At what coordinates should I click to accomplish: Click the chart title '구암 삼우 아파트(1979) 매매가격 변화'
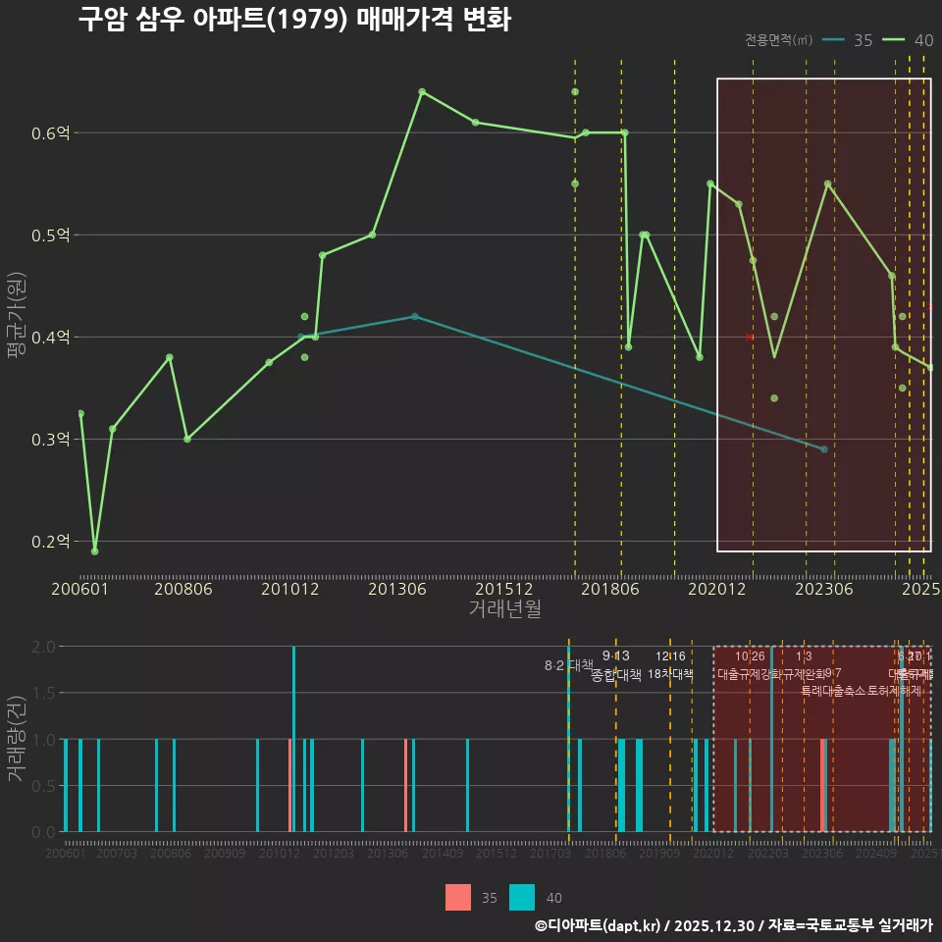[294, 20]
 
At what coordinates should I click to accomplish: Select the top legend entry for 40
[908, 40]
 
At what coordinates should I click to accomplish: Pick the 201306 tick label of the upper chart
[396, 589]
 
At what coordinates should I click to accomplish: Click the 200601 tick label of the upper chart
[80, 589]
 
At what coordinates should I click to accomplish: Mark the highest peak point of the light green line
[422, 91]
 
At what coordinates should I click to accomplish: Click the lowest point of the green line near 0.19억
[94, 551]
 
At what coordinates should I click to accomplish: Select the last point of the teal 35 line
[824, 448]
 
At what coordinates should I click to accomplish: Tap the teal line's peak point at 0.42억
[415, 316]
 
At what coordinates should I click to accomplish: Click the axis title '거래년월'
[504, 609]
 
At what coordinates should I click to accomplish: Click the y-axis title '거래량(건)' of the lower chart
[17, 739]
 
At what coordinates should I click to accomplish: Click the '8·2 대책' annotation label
[568, 665]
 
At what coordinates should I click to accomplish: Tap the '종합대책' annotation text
[616, 675]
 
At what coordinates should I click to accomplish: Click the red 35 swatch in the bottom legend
[458, 897]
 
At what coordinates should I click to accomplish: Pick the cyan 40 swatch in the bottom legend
[522, 897]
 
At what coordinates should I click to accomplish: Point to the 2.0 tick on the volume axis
[43, 647]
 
